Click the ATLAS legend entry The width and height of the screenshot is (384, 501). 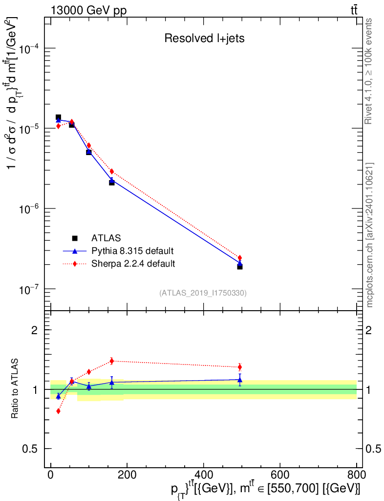[x=106, y=238]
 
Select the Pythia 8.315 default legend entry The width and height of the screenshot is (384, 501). [x=132, y=251]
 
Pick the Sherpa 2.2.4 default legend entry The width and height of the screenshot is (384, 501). [x=133, y=264]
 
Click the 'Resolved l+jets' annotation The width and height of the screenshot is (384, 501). [x=204, y=39]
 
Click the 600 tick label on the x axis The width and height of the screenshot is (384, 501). [x=279, y=475]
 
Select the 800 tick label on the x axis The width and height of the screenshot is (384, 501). [x=356, y=475]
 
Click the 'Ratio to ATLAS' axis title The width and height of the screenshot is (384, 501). [x=15, y=389]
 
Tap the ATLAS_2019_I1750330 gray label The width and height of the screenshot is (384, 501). [x=203, y=293]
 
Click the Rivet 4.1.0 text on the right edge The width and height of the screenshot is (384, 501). [x=369, y=71]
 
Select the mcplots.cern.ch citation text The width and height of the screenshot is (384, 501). [x=369, y=235]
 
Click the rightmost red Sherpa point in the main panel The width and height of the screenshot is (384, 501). [x=240, y=258]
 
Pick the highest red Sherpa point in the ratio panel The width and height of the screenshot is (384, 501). [x=111, y=361]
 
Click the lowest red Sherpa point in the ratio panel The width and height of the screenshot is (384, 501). [x=58, y=411]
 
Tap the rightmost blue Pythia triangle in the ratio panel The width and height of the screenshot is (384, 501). [x=240, y=380]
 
